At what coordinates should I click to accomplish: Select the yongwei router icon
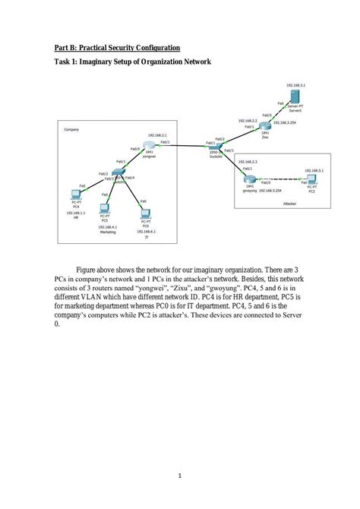pyautogui.click(x=148, y=145)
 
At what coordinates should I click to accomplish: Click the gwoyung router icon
pyautogui.click(x=249, y=179)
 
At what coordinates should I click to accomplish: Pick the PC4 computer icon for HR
pyautogui.click(x=76, y=192)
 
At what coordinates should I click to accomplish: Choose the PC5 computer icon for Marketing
pyautogui.click(x=105, y=207)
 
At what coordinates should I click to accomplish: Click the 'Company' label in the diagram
pyautogui.click(x=71, y=130)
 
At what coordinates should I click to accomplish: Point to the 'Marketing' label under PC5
pyautogui.click(x=107, y=232)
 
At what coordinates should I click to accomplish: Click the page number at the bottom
pyautogui.click(x=180, y=476)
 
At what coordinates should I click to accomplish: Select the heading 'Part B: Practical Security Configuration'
pyautogui.click(x=117, y=47)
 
